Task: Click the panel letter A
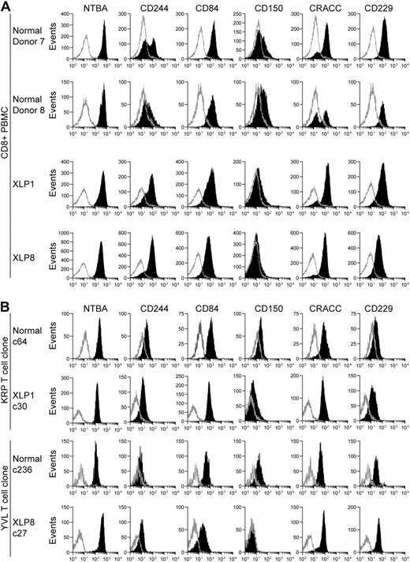7,7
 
